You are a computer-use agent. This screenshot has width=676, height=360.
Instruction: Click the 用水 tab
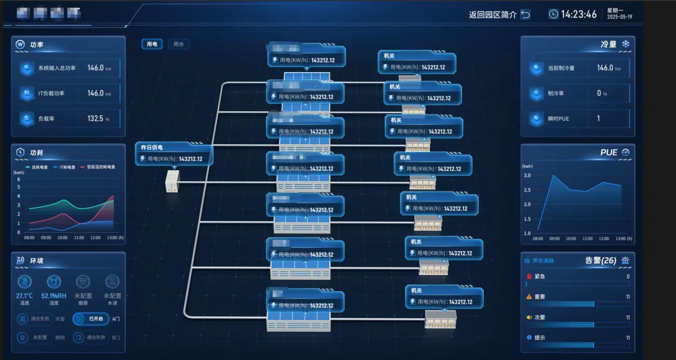pos(178,44)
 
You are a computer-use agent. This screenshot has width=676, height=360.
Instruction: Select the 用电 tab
pos(152,44)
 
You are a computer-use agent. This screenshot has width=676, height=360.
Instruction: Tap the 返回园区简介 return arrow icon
pos(525,14)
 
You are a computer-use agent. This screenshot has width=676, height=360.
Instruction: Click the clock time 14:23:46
pos(578,14)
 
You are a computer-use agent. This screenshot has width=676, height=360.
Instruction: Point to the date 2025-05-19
pos(620,17)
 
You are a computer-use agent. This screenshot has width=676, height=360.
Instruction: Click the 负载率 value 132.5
pos(95,118)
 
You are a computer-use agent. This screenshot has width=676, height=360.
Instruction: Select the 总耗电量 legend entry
pos(37,167)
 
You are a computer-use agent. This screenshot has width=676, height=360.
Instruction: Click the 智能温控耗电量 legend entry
pos(97,167)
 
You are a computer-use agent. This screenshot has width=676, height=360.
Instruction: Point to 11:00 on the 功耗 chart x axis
pos(79,238)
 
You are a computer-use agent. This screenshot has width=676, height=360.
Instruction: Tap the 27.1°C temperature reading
pos(24,296)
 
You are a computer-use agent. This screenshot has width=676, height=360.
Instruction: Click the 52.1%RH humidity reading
pos(54,296)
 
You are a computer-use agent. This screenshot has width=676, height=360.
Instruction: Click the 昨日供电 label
pos(151,148)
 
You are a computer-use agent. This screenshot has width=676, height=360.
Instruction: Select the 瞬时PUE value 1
pos(598,118)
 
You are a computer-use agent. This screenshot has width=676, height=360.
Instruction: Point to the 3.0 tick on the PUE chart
pos(526,176)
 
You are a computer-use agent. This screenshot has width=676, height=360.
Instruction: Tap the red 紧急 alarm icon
pos(528,276)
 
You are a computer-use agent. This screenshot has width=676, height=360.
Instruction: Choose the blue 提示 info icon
pos(528,338)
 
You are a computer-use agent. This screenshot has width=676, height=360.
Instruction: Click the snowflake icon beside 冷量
pos(625,44)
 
